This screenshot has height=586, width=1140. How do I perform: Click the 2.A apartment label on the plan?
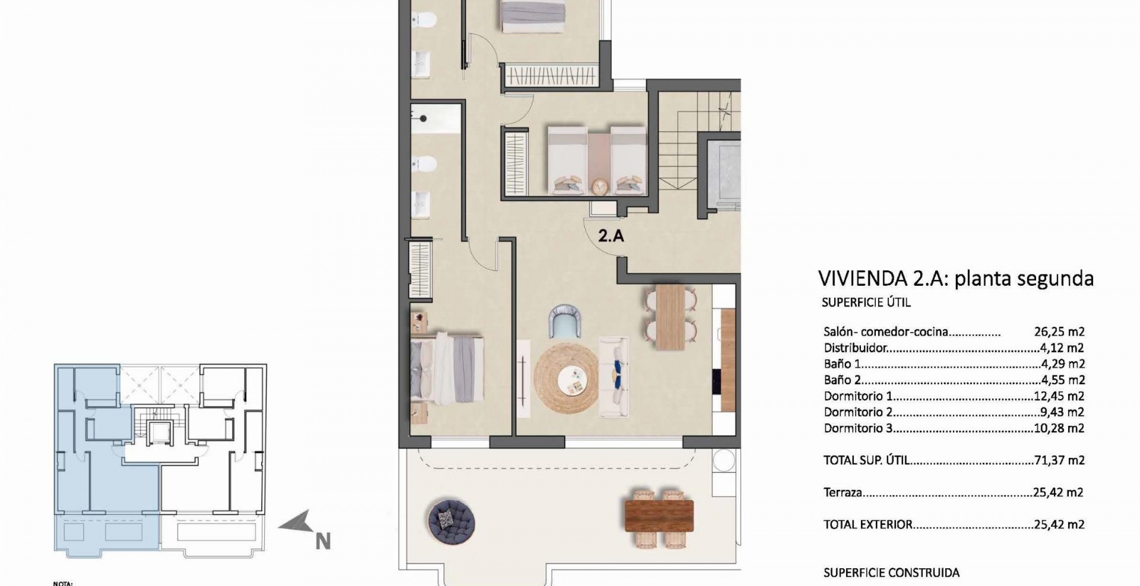click(611, 236)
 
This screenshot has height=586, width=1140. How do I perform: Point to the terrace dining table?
click(659, 516)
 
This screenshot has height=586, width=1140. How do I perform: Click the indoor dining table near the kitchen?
click(670, 316)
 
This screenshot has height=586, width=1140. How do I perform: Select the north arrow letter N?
click(323, 541)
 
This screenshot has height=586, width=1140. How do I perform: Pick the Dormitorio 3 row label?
click(858, 428)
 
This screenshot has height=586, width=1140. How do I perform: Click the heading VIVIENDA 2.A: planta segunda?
click(956, 279)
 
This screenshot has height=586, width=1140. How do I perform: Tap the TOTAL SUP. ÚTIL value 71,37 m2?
click(1059, 460)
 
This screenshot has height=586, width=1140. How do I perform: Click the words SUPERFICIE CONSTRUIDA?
click(891, 573)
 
